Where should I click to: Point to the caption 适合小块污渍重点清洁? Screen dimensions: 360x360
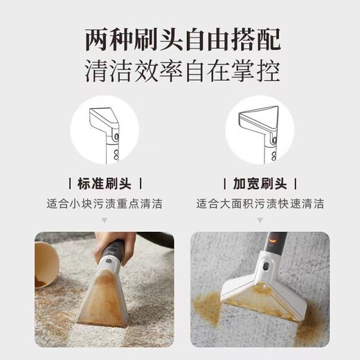coord(104,205)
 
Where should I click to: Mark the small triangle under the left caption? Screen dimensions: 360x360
coord(104,219)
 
